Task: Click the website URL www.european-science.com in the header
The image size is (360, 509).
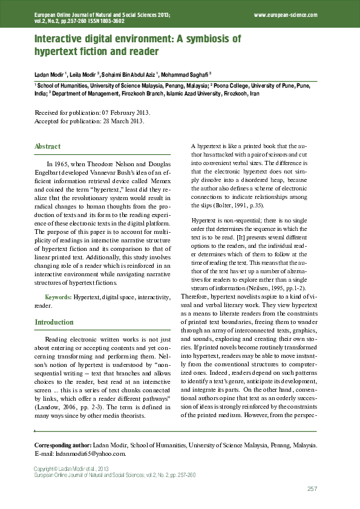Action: [x=286, y=13]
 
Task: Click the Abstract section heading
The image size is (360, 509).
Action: [x=47, y=146]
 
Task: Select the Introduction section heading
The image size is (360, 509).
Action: [x=54, y=322]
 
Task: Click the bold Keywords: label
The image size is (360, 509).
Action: [x=59, y=297]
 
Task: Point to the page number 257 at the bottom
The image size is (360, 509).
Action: [x=312, y=488]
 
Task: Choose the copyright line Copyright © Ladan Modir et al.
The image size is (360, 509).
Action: [x=70, y=469]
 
